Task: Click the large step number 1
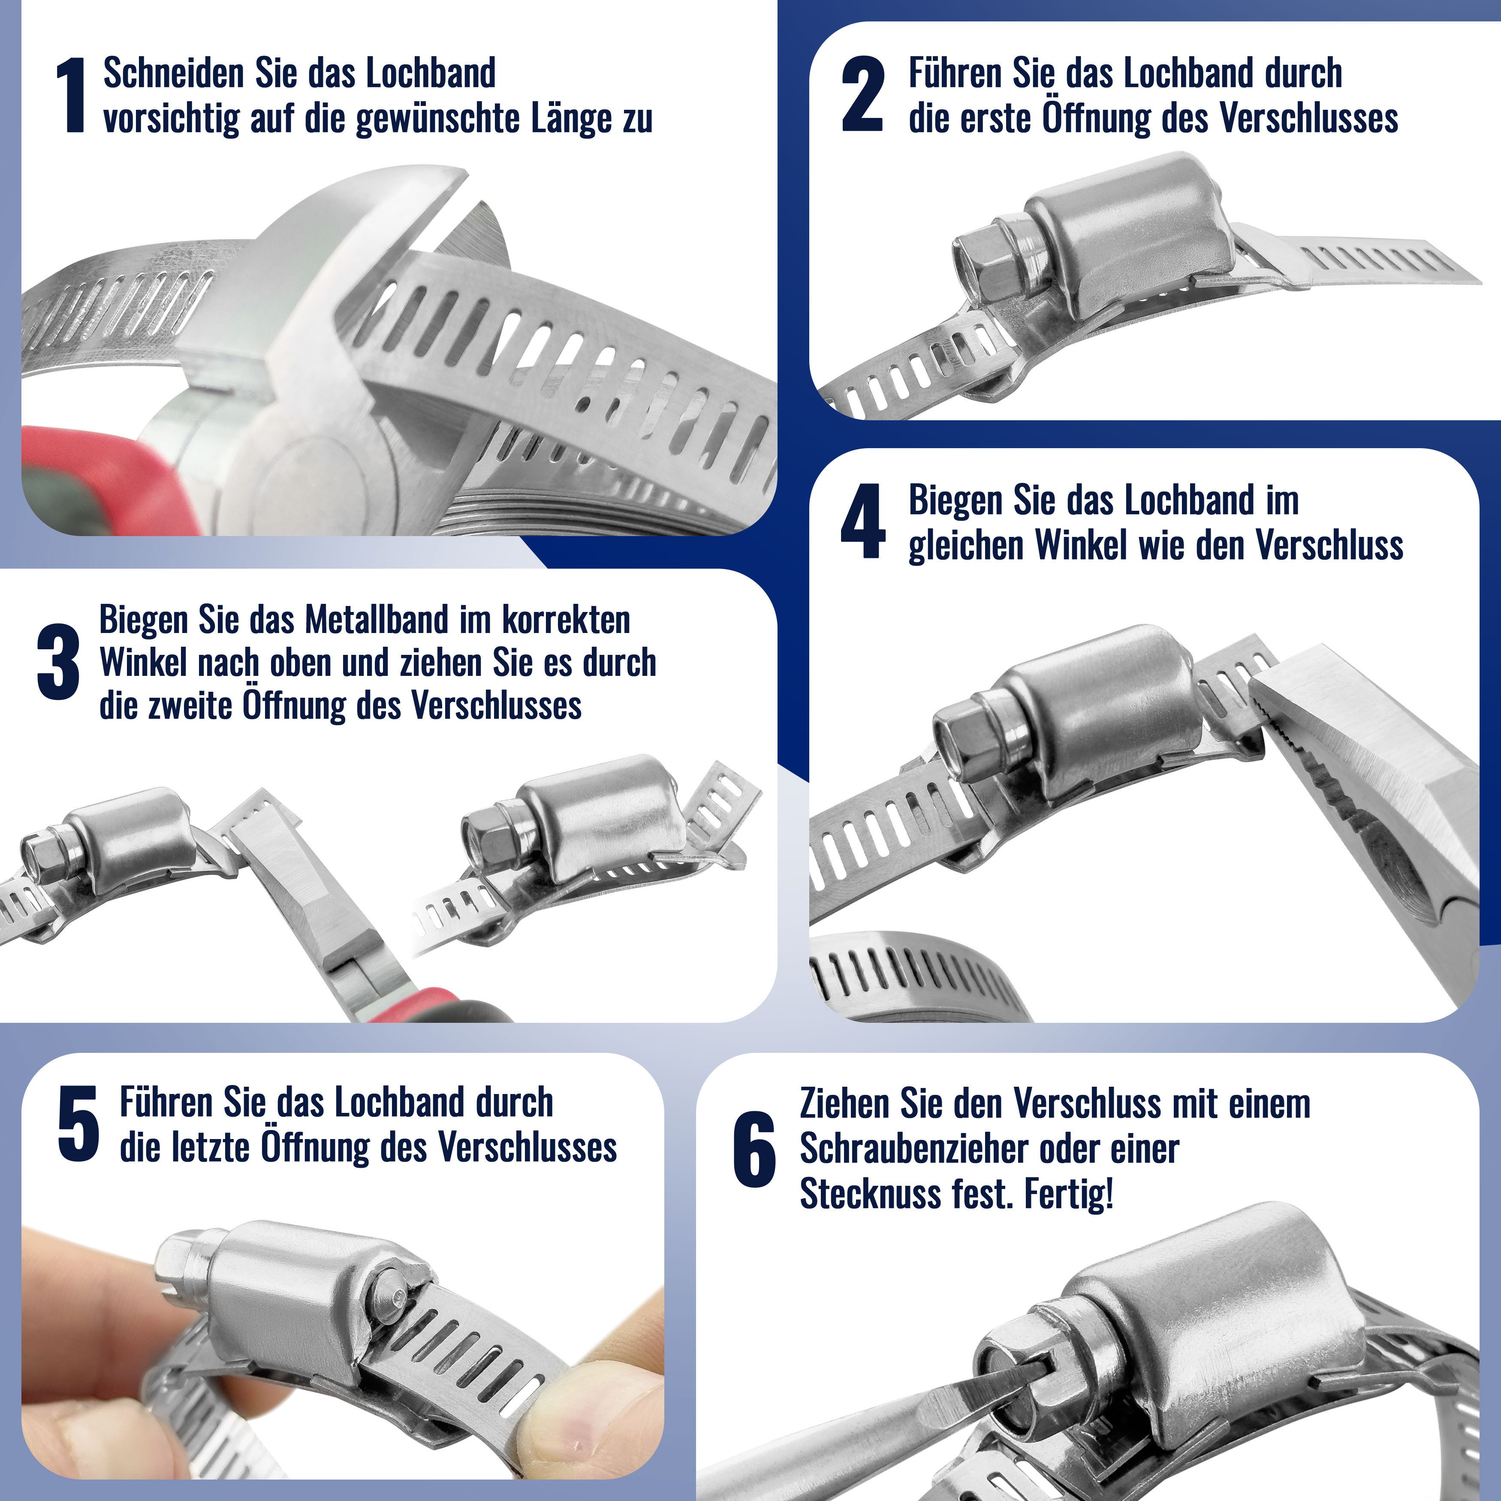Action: tap(72, 96)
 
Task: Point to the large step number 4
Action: tap(862, 521)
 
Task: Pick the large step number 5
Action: tap(78, 1124)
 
